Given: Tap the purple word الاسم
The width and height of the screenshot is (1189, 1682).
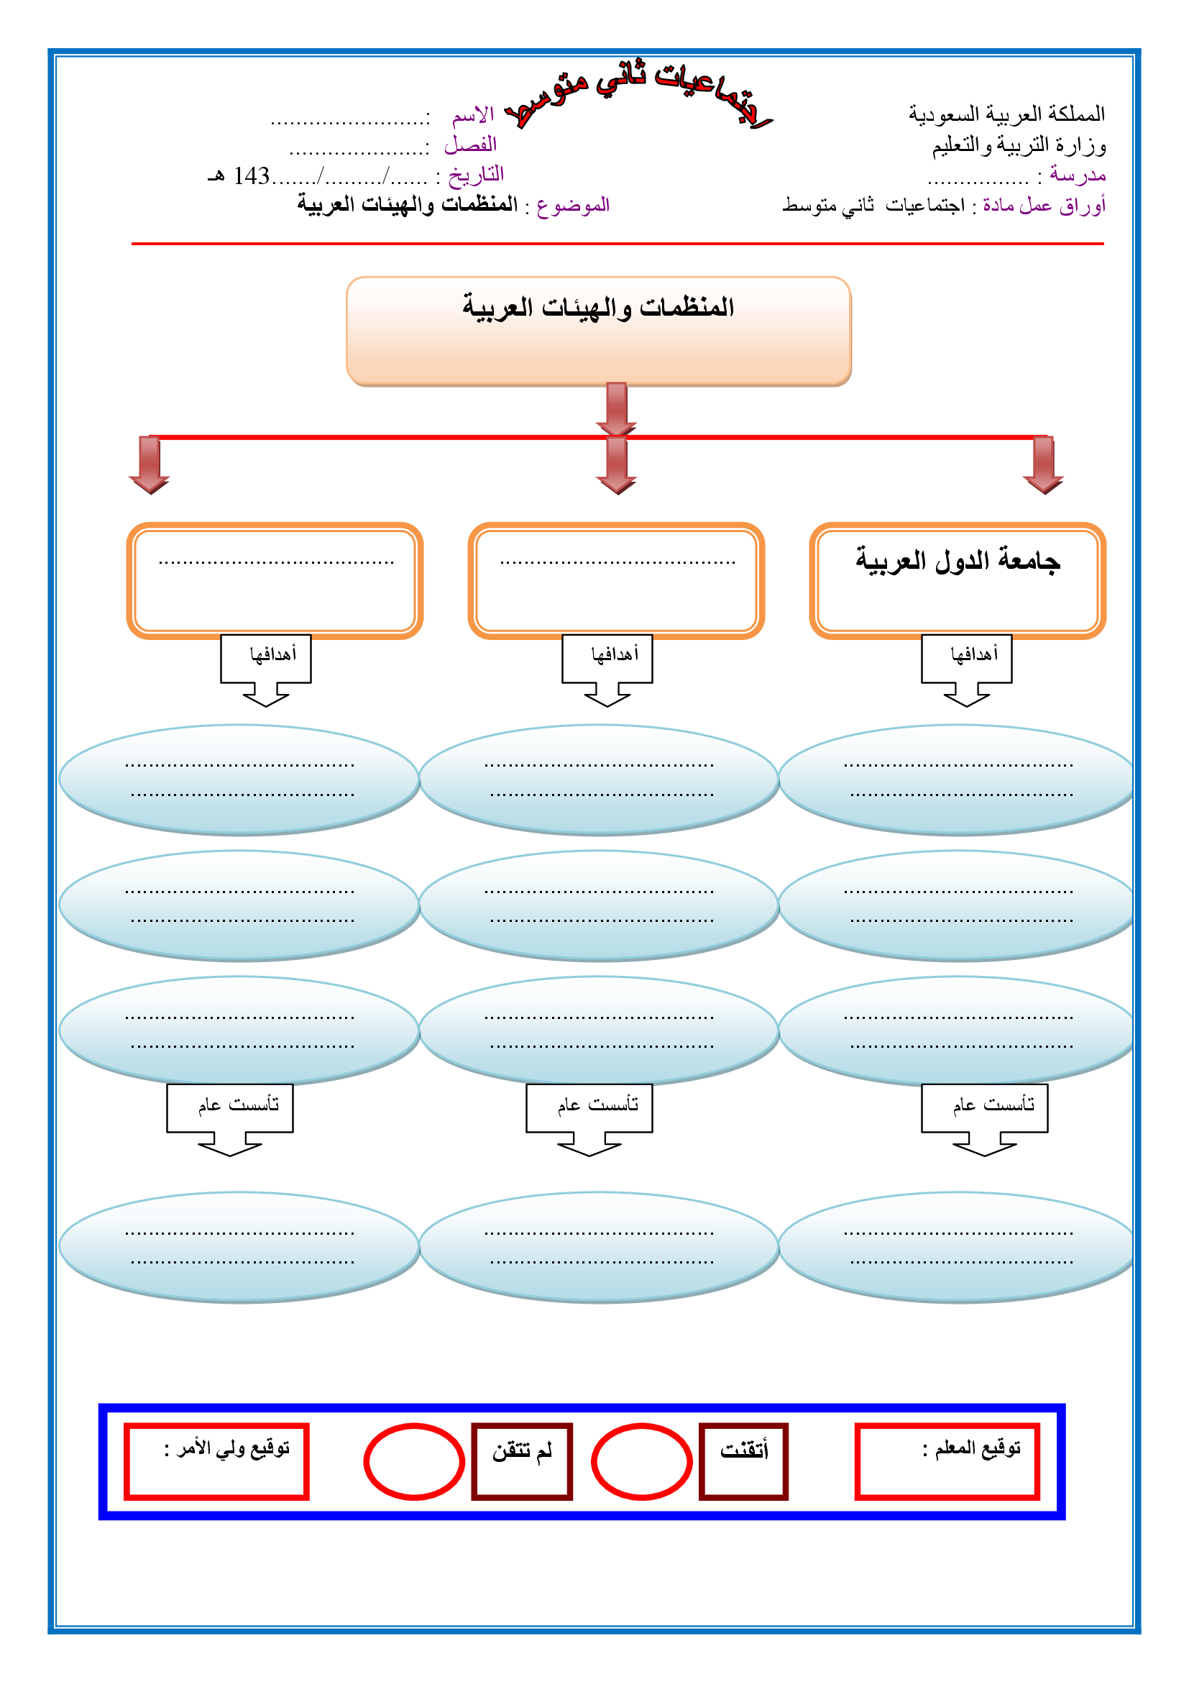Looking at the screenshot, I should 473,115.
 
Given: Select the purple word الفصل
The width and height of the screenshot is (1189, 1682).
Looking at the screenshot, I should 470,145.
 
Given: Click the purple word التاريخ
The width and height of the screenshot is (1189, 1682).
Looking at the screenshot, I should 476,174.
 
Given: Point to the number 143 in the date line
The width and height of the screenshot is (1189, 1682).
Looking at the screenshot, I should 251,175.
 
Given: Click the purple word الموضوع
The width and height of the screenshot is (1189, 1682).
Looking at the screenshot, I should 572,205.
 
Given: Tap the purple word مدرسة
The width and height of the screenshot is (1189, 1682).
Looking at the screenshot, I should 1077,175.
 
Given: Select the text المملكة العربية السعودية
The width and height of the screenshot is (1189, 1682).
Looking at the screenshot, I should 1006,114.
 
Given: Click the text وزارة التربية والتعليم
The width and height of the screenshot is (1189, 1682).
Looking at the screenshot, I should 1019,146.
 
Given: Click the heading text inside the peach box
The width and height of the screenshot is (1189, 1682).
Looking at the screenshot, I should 597,308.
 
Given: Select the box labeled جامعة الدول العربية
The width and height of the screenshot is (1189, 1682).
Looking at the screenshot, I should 957,580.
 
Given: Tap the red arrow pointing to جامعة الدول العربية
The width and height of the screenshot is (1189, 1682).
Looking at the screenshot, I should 1043,465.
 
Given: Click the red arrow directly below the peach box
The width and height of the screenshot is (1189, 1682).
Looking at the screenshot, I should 617,408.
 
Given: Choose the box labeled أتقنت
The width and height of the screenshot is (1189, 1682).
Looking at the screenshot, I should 743,1461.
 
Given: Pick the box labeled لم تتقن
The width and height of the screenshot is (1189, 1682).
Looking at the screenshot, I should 521,1461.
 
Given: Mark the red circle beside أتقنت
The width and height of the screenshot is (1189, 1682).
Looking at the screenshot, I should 641,1461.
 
